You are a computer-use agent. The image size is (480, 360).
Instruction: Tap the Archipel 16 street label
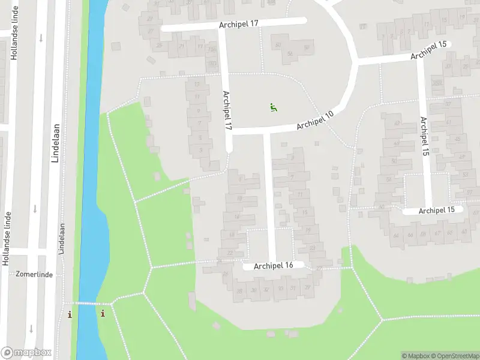[273, 266]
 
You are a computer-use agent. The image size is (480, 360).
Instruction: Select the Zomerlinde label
[35, 274]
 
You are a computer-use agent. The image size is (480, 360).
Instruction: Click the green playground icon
[273, 108]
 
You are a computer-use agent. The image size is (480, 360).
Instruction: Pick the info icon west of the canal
[70, 314]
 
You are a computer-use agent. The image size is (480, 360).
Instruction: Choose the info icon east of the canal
[103, 314]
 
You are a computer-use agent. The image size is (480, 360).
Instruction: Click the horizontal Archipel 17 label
[238, 24]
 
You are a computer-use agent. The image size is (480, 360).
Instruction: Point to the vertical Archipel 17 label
[227, 110]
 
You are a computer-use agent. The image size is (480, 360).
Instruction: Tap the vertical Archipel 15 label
[425, 137]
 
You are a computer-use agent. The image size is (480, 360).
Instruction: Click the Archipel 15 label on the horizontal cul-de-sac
[441, 211]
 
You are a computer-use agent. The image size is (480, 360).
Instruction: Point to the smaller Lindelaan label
[61, 239]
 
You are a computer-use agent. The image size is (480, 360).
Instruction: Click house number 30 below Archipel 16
[251, 290]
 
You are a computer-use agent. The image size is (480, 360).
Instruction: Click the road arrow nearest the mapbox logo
[32, 329]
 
